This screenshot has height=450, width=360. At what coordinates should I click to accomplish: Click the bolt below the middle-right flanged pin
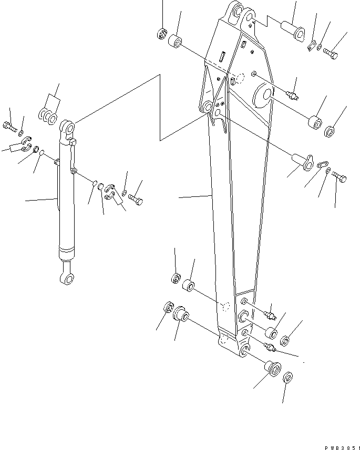click(339, 179)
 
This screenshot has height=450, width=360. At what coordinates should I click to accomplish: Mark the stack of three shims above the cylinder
click(47, 117)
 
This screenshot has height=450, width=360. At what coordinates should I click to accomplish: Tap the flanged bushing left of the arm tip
click(180, 315)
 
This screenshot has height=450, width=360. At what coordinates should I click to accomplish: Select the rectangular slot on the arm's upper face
click(223, 55)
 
